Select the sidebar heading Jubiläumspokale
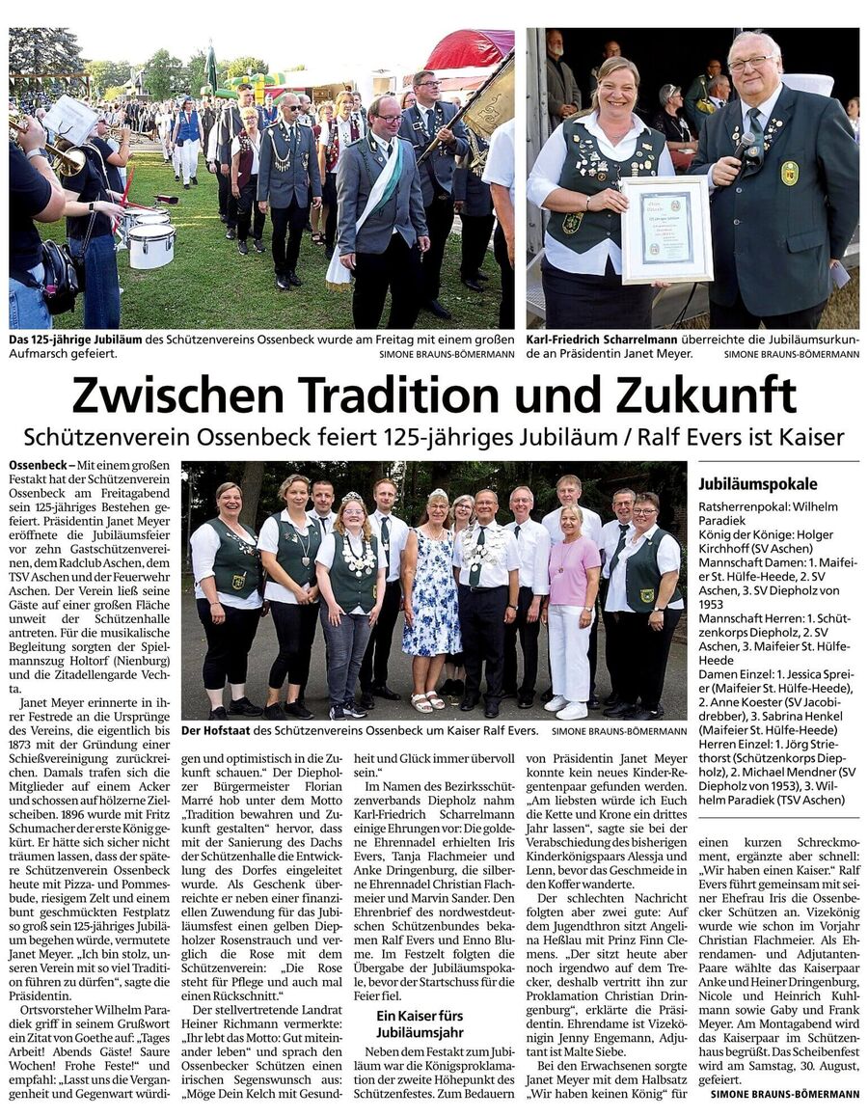tap(757, 483)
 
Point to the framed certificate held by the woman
tap(666, 229)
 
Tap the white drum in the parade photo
tap(151, 246)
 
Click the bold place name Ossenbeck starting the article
tap(36, 465)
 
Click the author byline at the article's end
tap(784, 1094)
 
